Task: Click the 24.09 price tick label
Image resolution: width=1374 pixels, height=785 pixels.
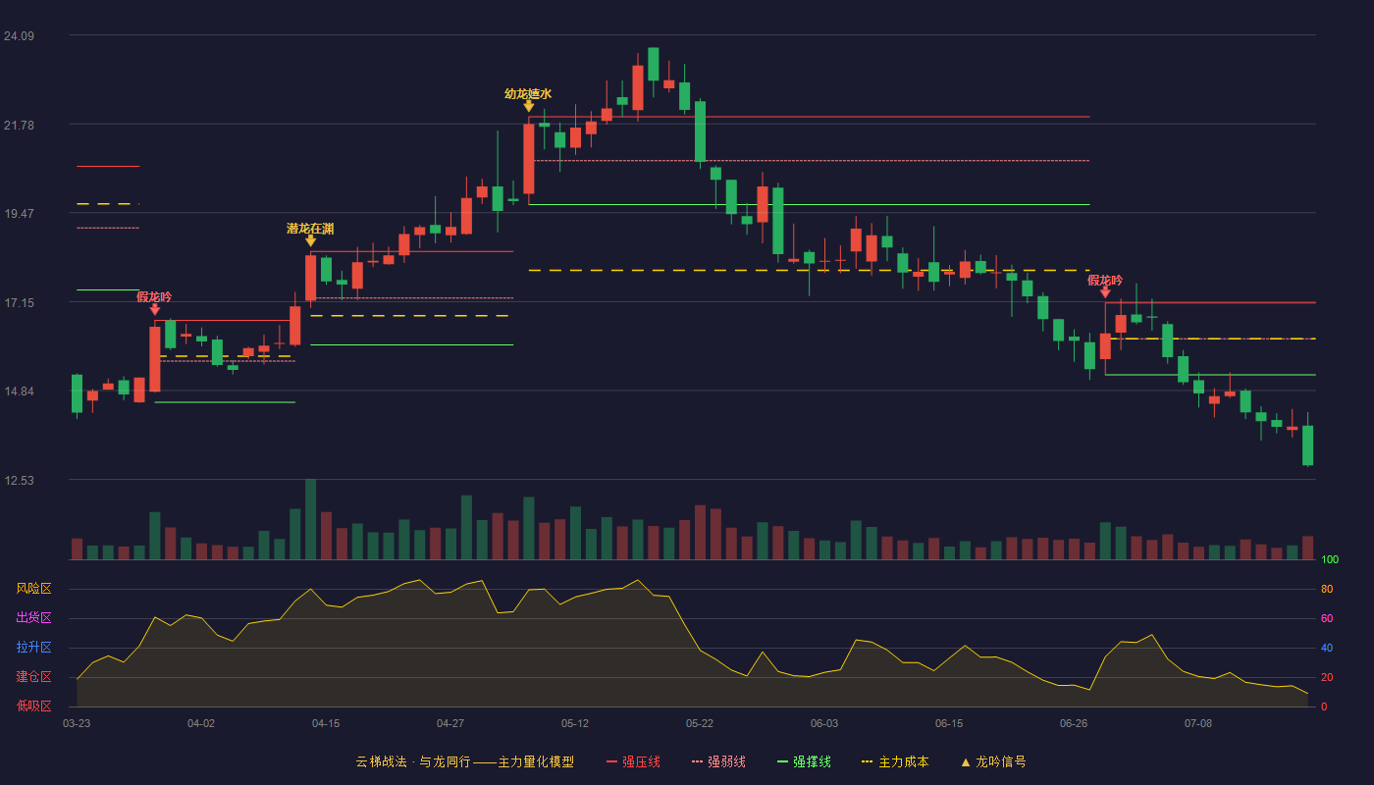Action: click(19, 35)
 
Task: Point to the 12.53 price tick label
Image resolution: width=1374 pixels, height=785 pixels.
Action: click(19, 480)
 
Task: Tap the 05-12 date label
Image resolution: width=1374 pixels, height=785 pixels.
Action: click(575, 724)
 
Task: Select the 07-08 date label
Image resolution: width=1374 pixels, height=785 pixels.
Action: click(1198, 724)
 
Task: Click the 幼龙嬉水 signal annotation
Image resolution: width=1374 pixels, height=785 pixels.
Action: click(528, 94)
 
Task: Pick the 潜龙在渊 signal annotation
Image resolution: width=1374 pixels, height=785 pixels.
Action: click(310, 229)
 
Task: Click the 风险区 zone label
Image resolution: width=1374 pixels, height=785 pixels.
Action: click(33, 589)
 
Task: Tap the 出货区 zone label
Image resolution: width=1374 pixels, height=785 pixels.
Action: click(33, 617)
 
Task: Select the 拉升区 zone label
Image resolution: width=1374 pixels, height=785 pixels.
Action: click(33, 647)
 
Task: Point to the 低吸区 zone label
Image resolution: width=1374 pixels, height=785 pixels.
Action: click(33, 706)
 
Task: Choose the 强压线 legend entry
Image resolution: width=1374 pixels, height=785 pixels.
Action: click(633, 761)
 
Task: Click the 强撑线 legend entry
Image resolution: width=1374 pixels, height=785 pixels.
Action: click(804, 761)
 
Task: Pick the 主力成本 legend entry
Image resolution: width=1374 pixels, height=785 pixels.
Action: click(895, 761)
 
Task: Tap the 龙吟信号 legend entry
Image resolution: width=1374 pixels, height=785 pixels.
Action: click(993, 761)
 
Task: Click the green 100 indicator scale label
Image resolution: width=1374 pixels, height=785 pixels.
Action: click(1330, 559)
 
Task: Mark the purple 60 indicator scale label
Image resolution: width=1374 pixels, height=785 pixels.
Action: click(1327, 618)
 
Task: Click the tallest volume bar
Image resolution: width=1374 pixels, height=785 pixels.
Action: click(311, 519)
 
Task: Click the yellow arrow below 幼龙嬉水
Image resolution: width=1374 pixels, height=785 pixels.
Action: click(528, 106)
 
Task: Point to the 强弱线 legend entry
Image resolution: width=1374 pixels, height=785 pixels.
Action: click(718, 761)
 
